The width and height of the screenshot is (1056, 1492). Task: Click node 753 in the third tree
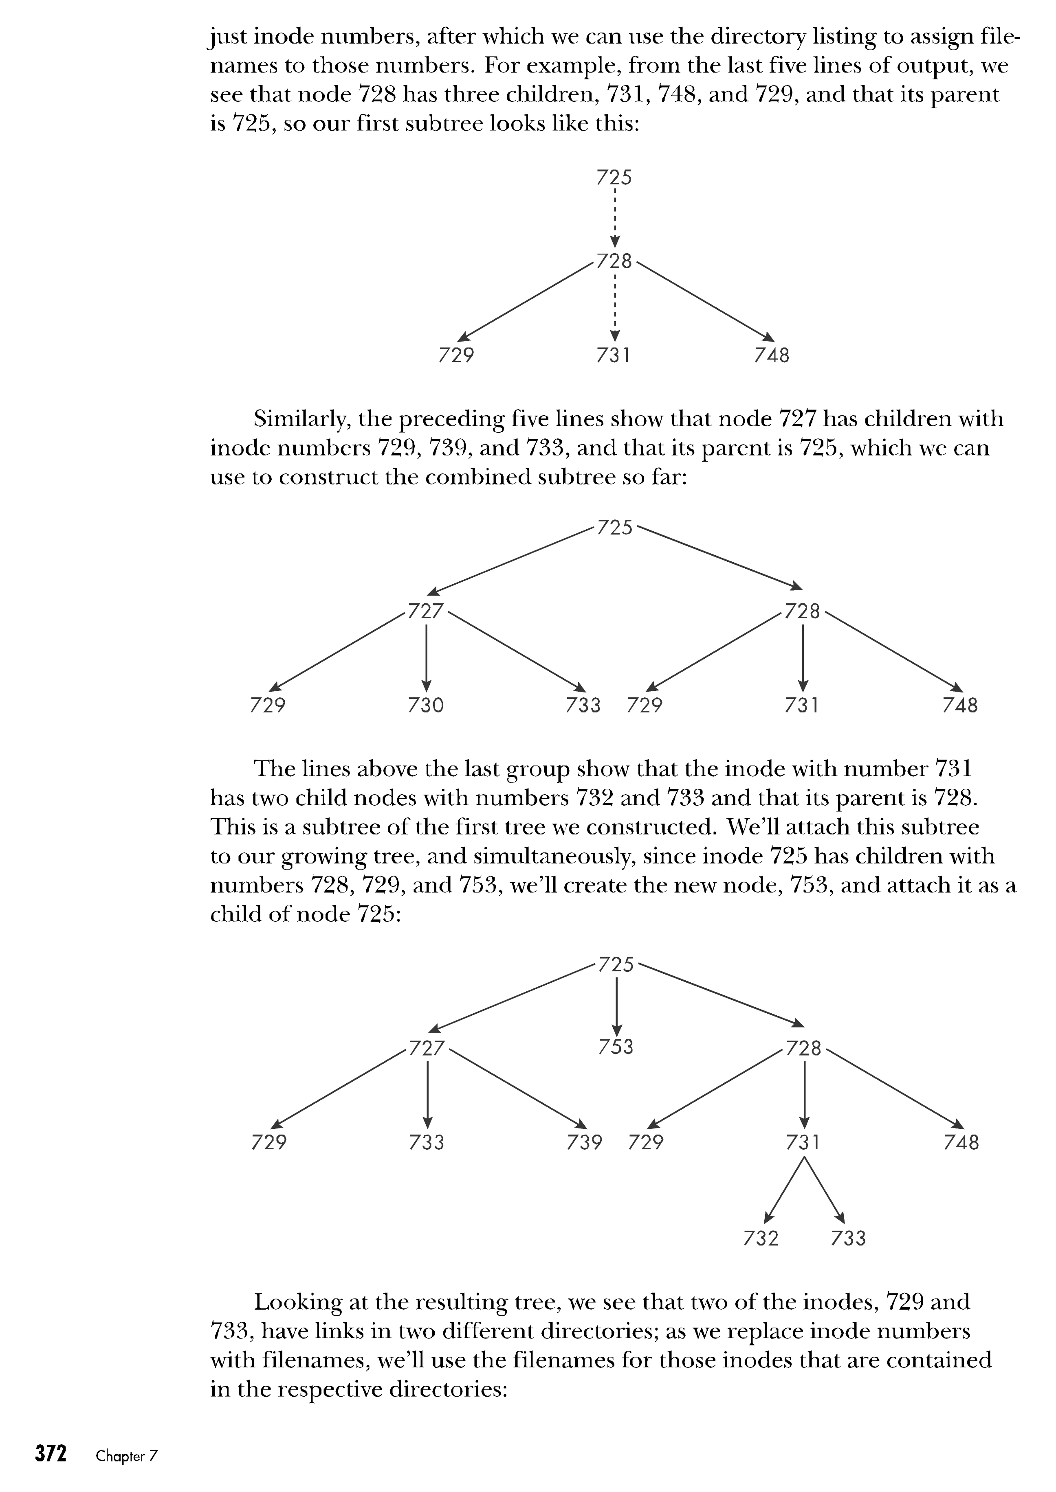615,1047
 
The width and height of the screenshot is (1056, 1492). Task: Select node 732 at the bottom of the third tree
760,1238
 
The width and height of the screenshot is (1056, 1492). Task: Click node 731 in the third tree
803,1142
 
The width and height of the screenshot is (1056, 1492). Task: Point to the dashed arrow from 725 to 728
614,218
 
